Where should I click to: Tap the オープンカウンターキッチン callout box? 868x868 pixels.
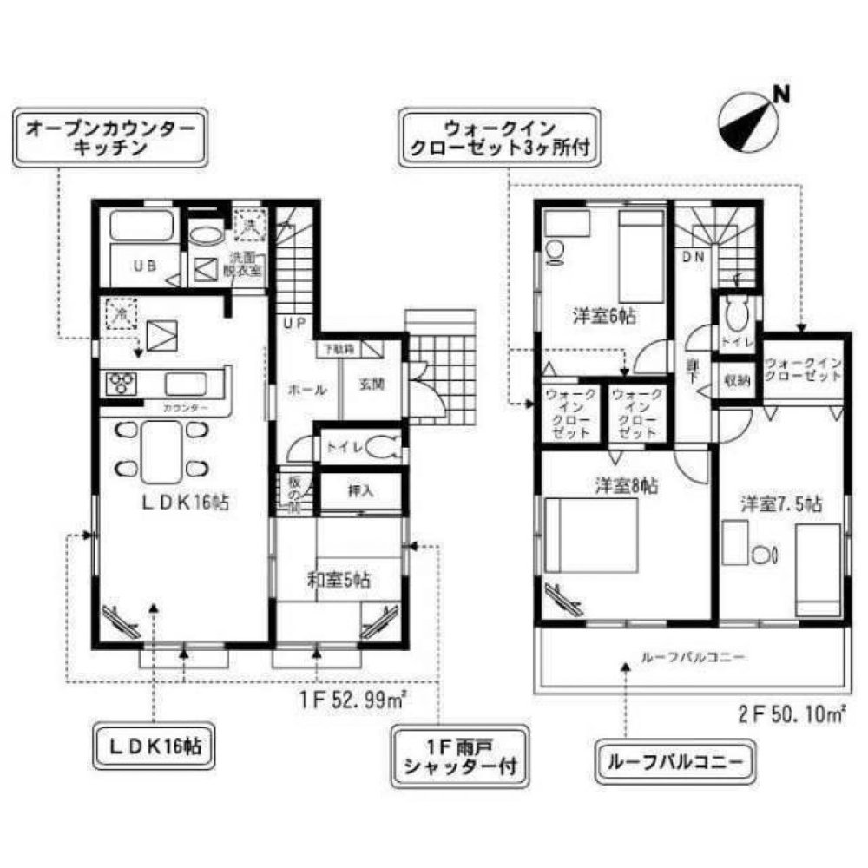(x=110, y=138)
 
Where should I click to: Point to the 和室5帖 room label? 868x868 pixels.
(x=339, y=581)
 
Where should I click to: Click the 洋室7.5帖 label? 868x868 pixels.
(x=780, y=503)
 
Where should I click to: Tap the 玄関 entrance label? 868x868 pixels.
(x=371, y=385)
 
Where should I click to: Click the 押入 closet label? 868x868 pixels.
(x=359, y=490)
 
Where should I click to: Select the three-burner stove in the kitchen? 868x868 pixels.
(x=121, y=384)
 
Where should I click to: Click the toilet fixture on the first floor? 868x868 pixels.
(x=382, y=448)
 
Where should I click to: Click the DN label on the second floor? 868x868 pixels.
(x=692, y=257)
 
